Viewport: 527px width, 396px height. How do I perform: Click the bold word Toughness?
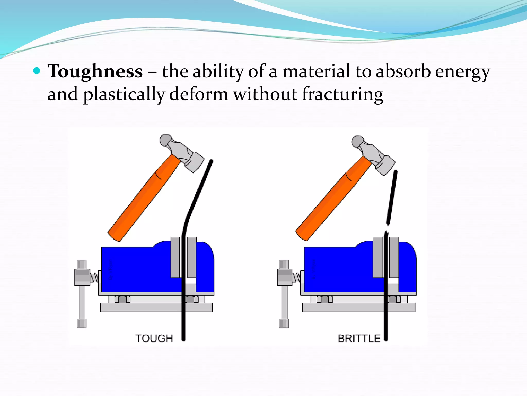tap(95, 71)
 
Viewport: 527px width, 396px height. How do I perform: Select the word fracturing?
tap(342, 94)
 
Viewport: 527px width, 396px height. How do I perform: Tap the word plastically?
tap(124, 94)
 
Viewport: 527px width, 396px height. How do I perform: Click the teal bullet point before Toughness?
tap(37, 70)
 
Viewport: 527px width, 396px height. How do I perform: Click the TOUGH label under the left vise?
tap(154, 339)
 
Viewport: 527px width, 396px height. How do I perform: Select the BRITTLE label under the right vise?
tap(359, 339)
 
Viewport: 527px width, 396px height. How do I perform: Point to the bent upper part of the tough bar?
tap(199, 191)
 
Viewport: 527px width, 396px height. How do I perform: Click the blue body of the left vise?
tap(136, 269)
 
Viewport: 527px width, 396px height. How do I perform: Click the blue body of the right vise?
tap(338, 269)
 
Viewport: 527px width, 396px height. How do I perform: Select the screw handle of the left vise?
tap(82, 294)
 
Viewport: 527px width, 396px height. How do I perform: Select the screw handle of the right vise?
tap(284, 294)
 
